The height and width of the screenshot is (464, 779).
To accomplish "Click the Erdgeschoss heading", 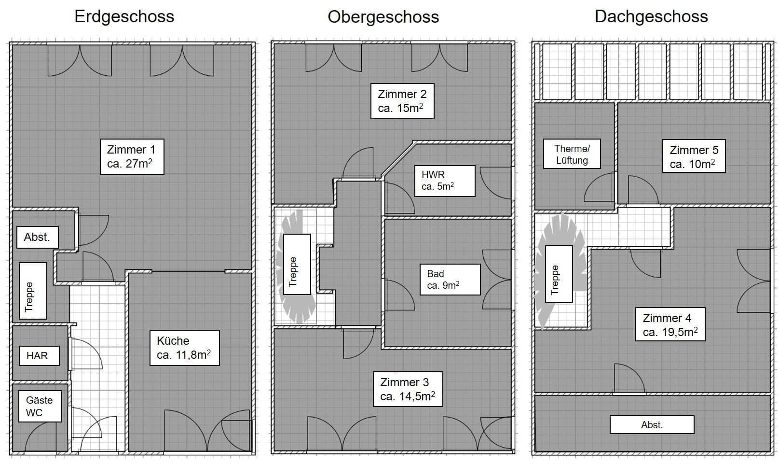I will (124, 16).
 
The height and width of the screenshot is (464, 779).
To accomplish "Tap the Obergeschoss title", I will (383, 17).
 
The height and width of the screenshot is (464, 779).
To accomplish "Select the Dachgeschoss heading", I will (651, 16).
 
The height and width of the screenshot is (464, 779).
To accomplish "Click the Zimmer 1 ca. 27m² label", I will (132, 156).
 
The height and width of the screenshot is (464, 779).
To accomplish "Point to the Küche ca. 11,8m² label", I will (184, 348).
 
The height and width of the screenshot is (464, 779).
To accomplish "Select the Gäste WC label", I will (40, 406).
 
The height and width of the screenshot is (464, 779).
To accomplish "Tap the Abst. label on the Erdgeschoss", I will (37, 237).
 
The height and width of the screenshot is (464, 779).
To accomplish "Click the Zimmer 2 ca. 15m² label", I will (402, 101).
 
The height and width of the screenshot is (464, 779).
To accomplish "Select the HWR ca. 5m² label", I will (444, 181).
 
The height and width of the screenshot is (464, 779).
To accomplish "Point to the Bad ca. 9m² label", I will (450, 279).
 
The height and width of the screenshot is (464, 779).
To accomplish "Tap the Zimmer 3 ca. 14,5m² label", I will (408, 389).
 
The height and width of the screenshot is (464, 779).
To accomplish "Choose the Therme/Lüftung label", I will (572, 154).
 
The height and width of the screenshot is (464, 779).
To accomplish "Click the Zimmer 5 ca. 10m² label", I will (694, 156).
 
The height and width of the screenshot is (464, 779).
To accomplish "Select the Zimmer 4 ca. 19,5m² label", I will (670, 324).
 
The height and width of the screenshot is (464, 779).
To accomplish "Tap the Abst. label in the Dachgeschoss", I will (652, 425).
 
